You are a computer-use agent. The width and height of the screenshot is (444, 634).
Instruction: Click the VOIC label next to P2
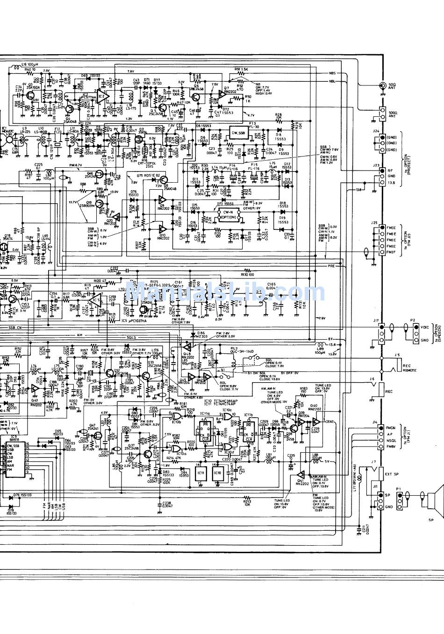tap(424, 327)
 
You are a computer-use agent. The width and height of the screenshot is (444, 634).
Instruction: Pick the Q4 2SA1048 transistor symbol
tap(70, 109)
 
